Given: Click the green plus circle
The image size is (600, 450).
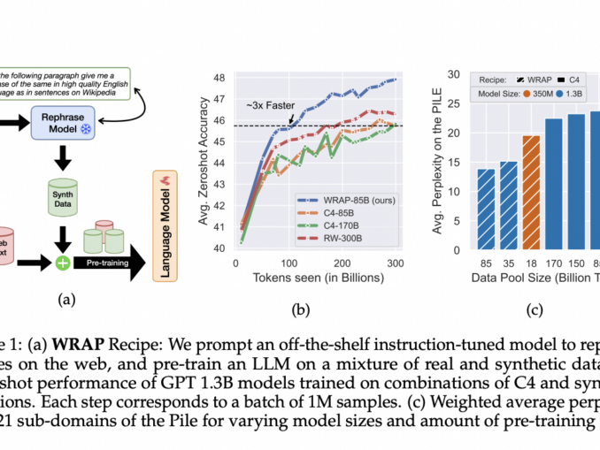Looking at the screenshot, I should click(63, 262).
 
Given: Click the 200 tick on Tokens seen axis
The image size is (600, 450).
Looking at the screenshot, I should click(341, 263).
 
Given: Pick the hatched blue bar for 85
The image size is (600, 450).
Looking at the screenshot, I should click(487, 209).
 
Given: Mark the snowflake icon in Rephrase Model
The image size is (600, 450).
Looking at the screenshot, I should click(87, 129).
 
